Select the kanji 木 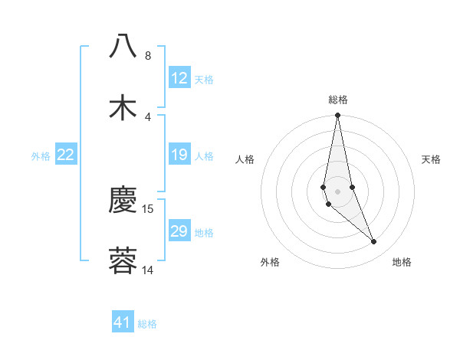(x=123, y=108)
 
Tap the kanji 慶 (x=123, y=201)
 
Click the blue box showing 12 (x=179, y=78)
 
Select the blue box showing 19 (x=179, y=155)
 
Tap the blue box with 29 (x=179, y=231)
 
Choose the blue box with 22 (x=66, y=155)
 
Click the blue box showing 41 (x=123, y=322)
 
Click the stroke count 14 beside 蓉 (x=148, y=270)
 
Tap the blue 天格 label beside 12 (x=204, y=80)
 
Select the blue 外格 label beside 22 (x=41, y=156)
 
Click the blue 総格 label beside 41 (x=147, y=324)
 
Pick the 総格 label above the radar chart (x=338, y=100)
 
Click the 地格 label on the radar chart (x=402, y=262)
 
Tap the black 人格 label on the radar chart (x=245, y=159)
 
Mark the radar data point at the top (x=338, y=116)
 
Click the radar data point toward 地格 (x=374, y=242)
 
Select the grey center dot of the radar (x=338, y=191)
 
